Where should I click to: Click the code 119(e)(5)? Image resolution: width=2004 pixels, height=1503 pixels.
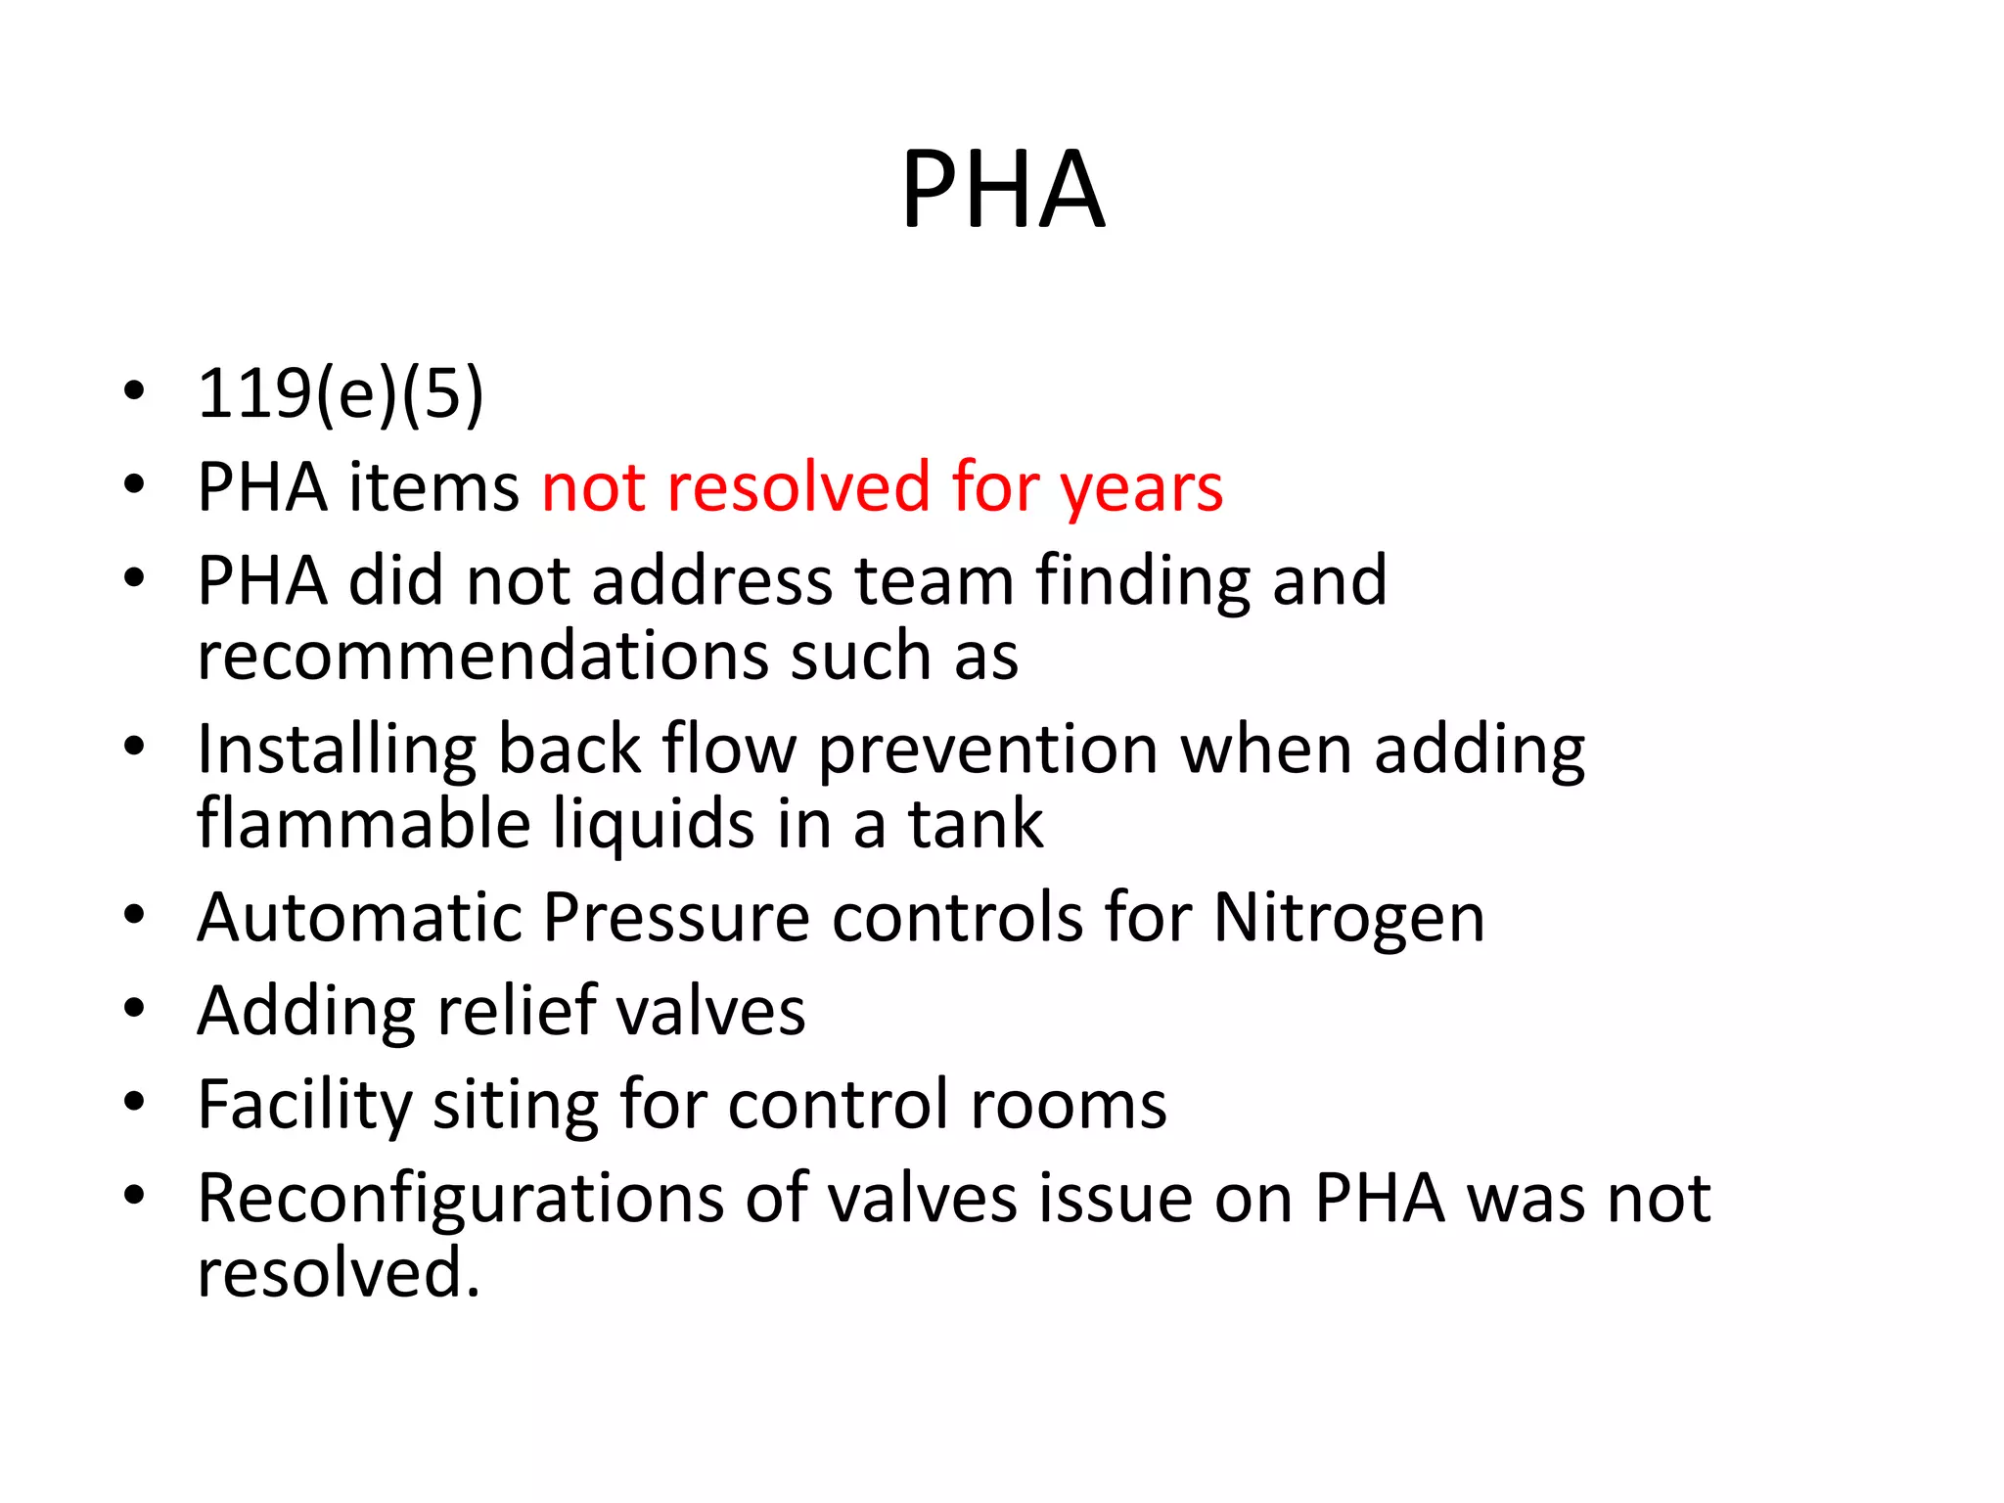341,393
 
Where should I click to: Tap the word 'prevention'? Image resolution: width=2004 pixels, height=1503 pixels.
988,750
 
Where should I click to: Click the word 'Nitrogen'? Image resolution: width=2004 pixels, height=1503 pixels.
1348,919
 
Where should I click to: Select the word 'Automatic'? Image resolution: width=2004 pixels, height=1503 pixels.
359,918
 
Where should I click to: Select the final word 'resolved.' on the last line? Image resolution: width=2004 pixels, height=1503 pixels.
339,1273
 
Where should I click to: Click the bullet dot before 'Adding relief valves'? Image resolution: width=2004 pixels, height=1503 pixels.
134,1009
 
